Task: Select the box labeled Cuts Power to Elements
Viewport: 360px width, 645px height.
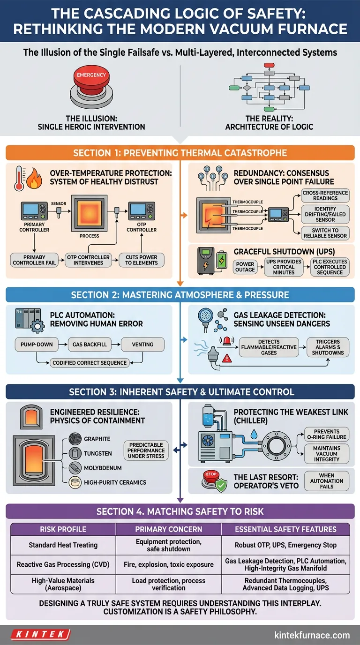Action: coord(142,260)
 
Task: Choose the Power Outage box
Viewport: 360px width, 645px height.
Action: coord(245,267)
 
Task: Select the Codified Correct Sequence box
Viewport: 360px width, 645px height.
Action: coord(90,362)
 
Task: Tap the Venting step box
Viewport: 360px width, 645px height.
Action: coord(142,344)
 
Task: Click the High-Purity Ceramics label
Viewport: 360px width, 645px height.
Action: coord(115,482)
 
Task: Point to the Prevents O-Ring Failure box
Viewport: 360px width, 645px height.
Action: coord(327,434)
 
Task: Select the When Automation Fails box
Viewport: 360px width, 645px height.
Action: coord(327,480)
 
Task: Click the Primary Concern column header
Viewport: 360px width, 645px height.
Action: coord(168,529)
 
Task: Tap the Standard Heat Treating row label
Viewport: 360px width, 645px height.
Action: coord(63,545)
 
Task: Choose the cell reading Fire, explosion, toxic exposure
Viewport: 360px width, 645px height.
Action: coord(168,564)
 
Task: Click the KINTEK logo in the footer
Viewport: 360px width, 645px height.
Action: coord(40,635)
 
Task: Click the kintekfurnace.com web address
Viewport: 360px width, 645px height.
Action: coord(312,635)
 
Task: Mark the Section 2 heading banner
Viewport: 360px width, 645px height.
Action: coord(180,295)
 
